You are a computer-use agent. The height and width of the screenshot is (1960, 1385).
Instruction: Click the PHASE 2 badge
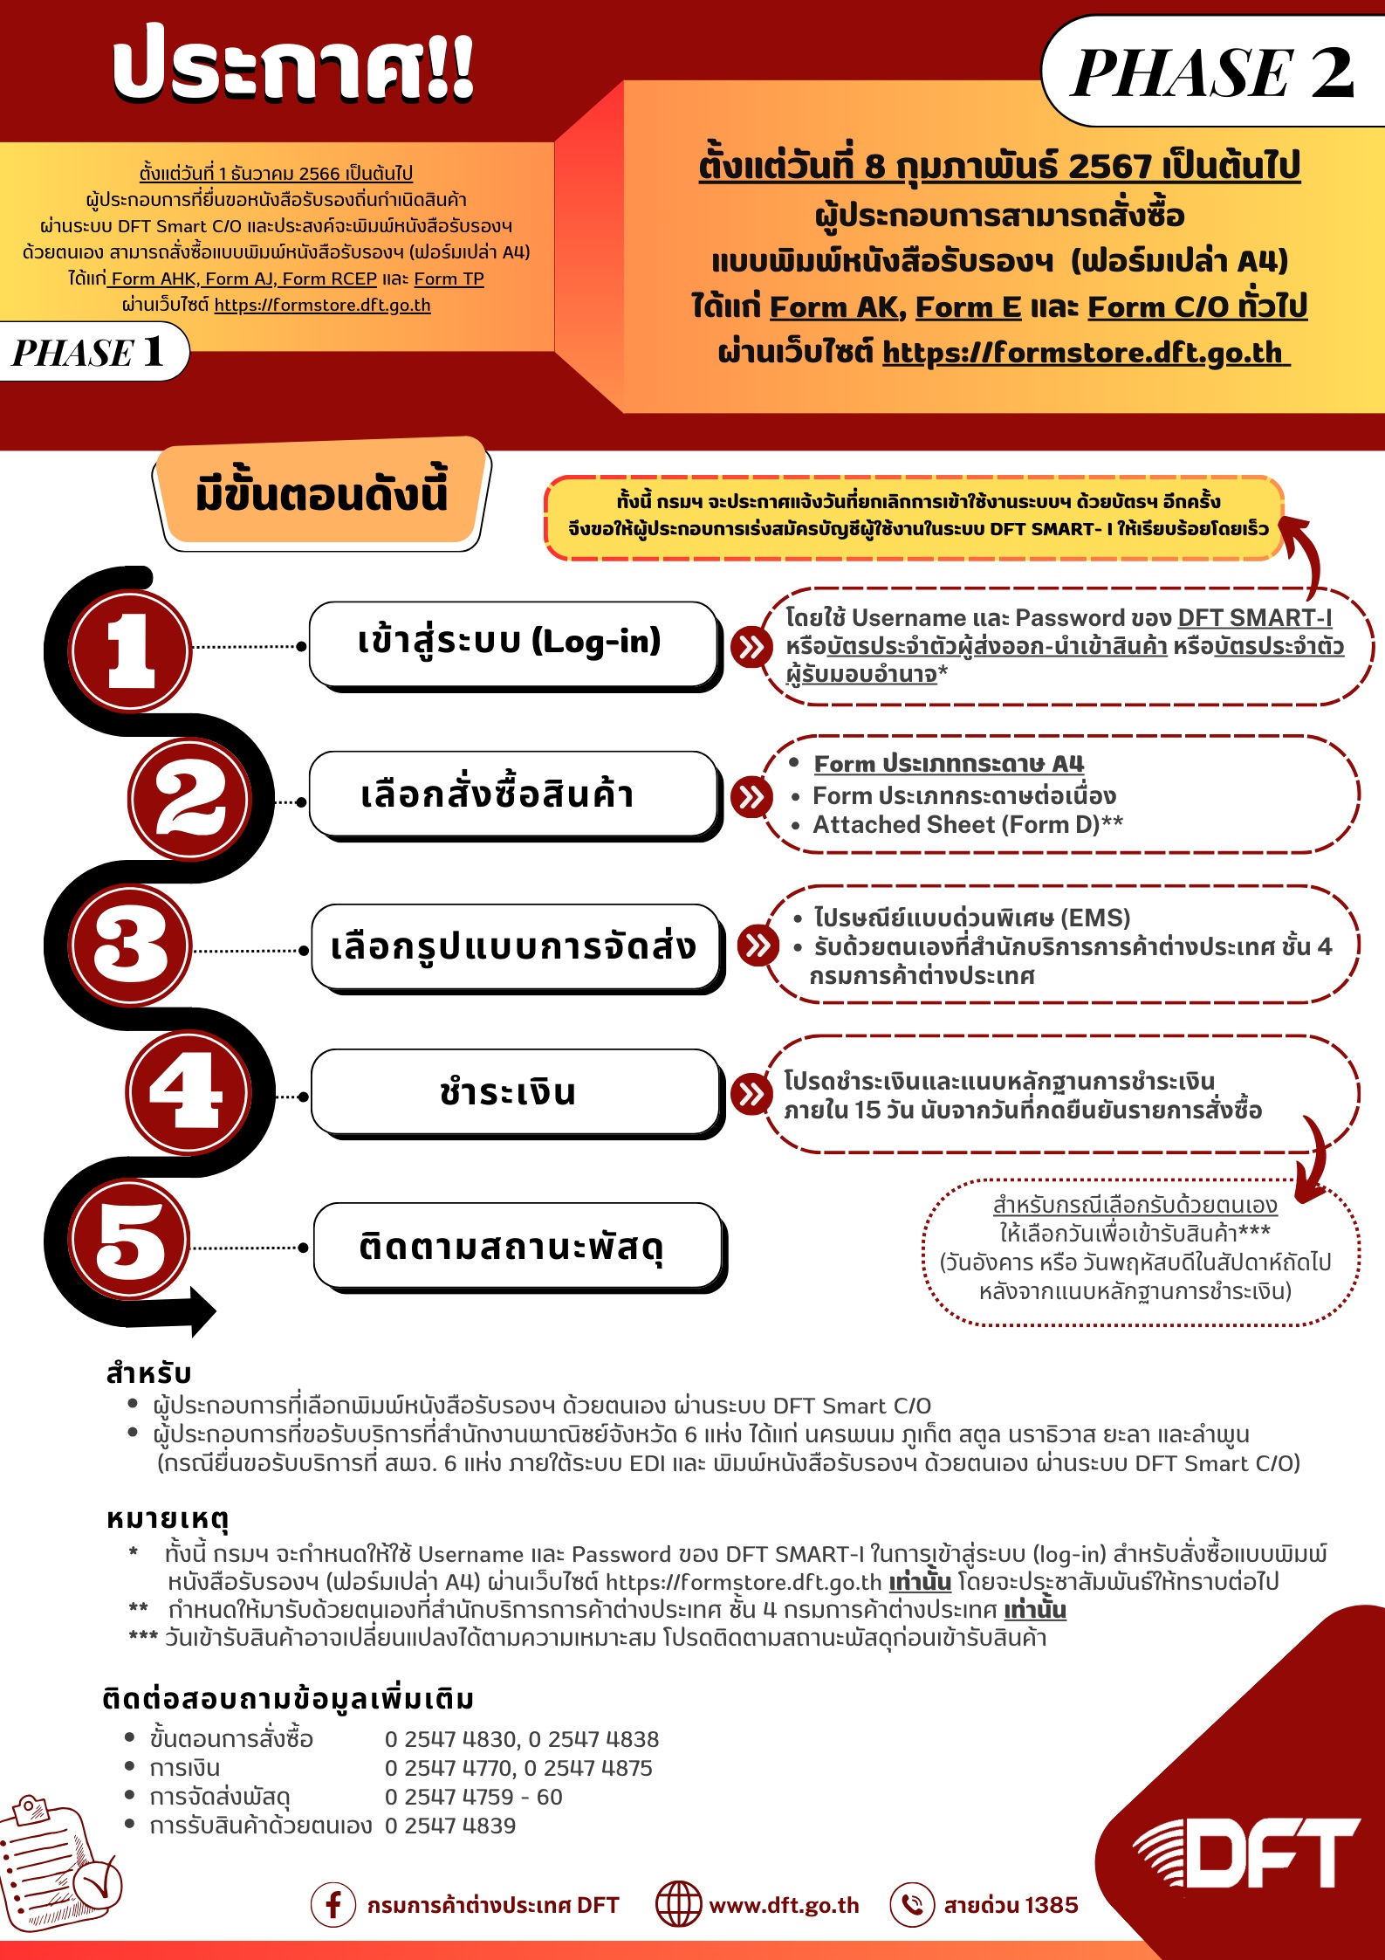point(1213,72)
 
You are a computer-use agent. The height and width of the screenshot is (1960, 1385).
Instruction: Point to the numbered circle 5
point(131,1240)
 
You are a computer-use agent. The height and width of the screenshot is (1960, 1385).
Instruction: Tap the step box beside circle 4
point(516,1092)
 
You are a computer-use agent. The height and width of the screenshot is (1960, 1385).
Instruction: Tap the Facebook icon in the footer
point(333,1904)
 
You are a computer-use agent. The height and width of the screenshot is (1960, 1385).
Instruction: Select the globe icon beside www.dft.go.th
point(678,1904)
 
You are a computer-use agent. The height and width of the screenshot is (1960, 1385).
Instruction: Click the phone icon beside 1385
point(912,1904)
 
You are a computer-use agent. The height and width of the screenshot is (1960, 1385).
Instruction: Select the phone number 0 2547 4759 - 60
point(474,1797)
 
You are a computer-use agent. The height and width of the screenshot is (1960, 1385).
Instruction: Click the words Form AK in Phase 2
point(833,307)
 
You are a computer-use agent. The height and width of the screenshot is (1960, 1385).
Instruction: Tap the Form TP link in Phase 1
point(449,279)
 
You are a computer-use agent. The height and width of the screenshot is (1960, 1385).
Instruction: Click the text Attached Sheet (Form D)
point(956,825)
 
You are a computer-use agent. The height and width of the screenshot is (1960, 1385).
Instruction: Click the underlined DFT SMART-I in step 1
point(1254,618)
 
